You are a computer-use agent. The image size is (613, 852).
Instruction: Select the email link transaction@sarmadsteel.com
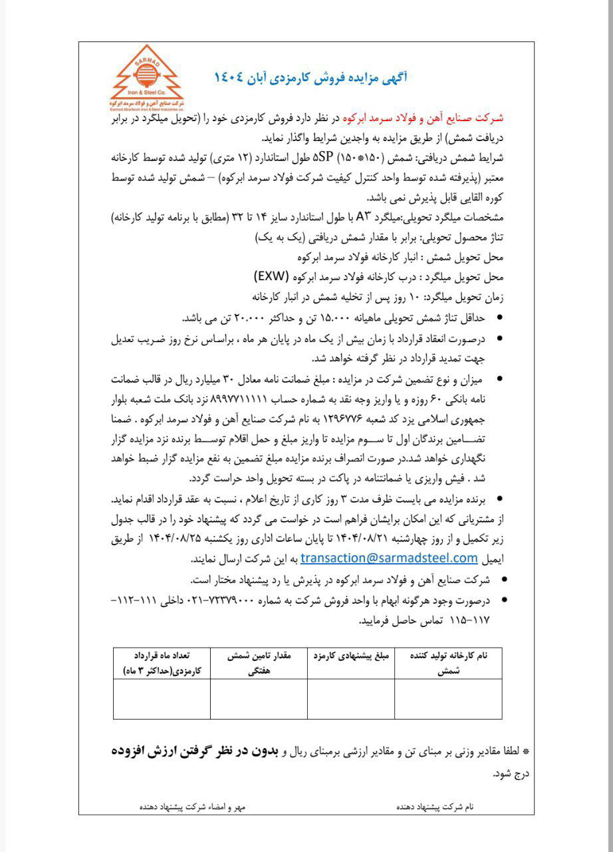point(390,557)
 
